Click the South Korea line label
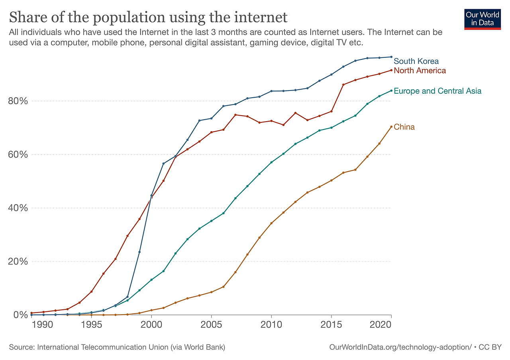click(416, 61)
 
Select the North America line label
click(420, 71)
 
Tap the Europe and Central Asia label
click(437, 91)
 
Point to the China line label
click(404, 127)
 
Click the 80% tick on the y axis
click(18, 101)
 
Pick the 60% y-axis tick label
click(18, 154)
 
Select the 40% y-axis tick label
click(18, 208)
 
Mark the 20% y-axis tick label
click(18, 262)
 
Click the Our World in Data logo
click(482, 19)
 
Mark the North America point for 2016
click(343, 85)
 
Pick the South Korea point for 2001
click(163, 163)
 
